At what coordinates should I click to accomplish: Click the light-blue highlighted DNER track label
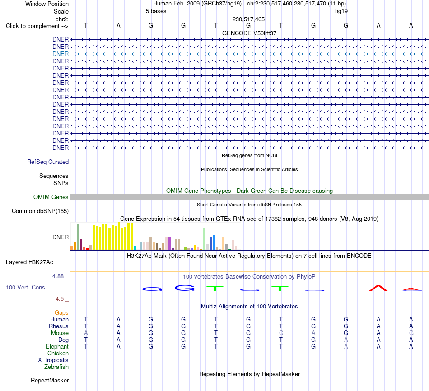[61, 54]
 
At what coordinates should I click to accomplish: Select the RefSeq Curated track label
[48, 162]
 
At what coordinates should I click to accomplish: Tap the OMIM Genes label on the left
[51, 197]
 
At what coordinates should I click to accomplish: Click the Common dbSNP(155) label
[40, 211]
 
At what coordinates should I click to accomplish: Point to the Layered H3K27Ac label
[29, 262]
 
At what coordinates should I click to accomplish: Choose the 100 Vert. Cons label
[25, 287]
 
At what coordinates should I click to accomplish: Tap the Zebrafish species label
[56, 367]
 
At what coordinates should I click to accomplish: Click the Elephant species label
[57, 346]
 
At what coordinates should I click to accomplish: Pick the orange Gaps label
[61, 312]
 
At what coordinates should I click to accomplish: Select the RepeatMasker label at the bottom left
[50, 380]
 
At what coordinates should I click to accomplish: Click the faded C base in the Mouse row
[281, 333]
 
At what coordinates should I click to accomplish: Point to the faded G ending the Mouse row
[411, 333]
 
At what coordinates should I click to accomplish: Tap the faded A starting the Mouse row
[86, 333]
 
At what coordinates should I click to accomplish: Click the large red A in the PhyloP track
[378, 288]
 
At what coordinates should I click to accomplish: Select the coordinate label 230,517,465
[248, 19]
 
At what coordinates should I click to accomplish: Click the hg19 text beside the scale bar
[341, 11]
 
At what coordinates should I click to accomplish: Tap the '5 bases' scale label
[156, 11]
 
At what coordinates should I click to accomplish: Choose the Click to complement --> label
[37, 26]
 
